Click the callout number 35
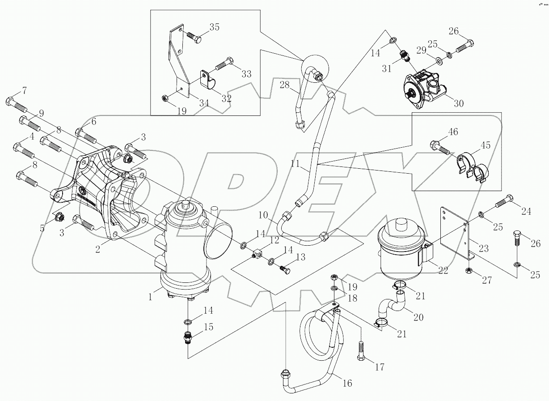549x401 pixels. (x=214, y=27)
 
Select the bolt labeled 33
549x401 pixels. (x=224, y=64)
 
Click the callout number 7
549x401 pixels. (x=25, y=91)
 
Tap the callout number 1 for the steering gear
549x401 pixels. (x=150, y=296)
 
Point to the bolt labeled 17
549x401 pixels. (x=361, y=351)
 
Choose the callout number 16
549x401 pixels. (x=347, y=383)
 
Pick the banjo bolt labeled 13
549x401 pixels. (x=284, y=269)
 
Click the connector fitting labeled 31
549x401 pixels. (x=404, y=56)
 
